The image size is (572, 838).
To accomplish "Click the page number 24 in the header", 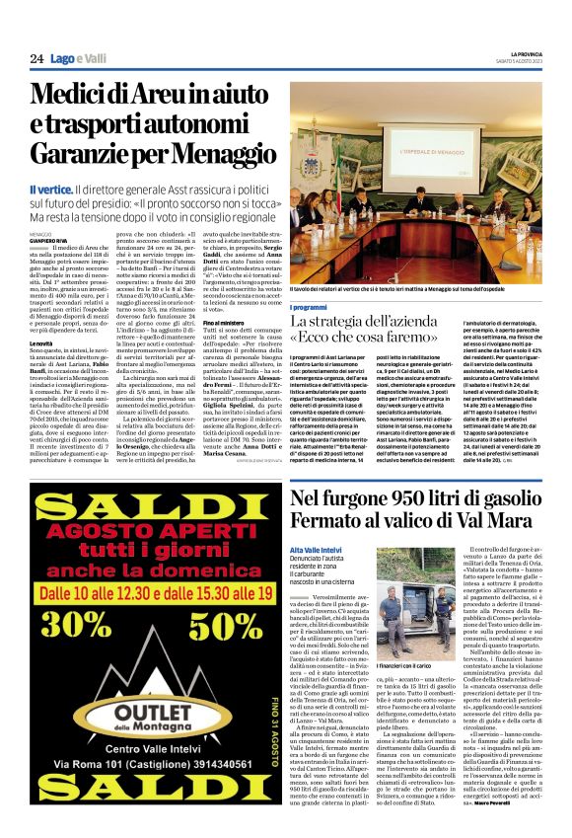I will [36, 59].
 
